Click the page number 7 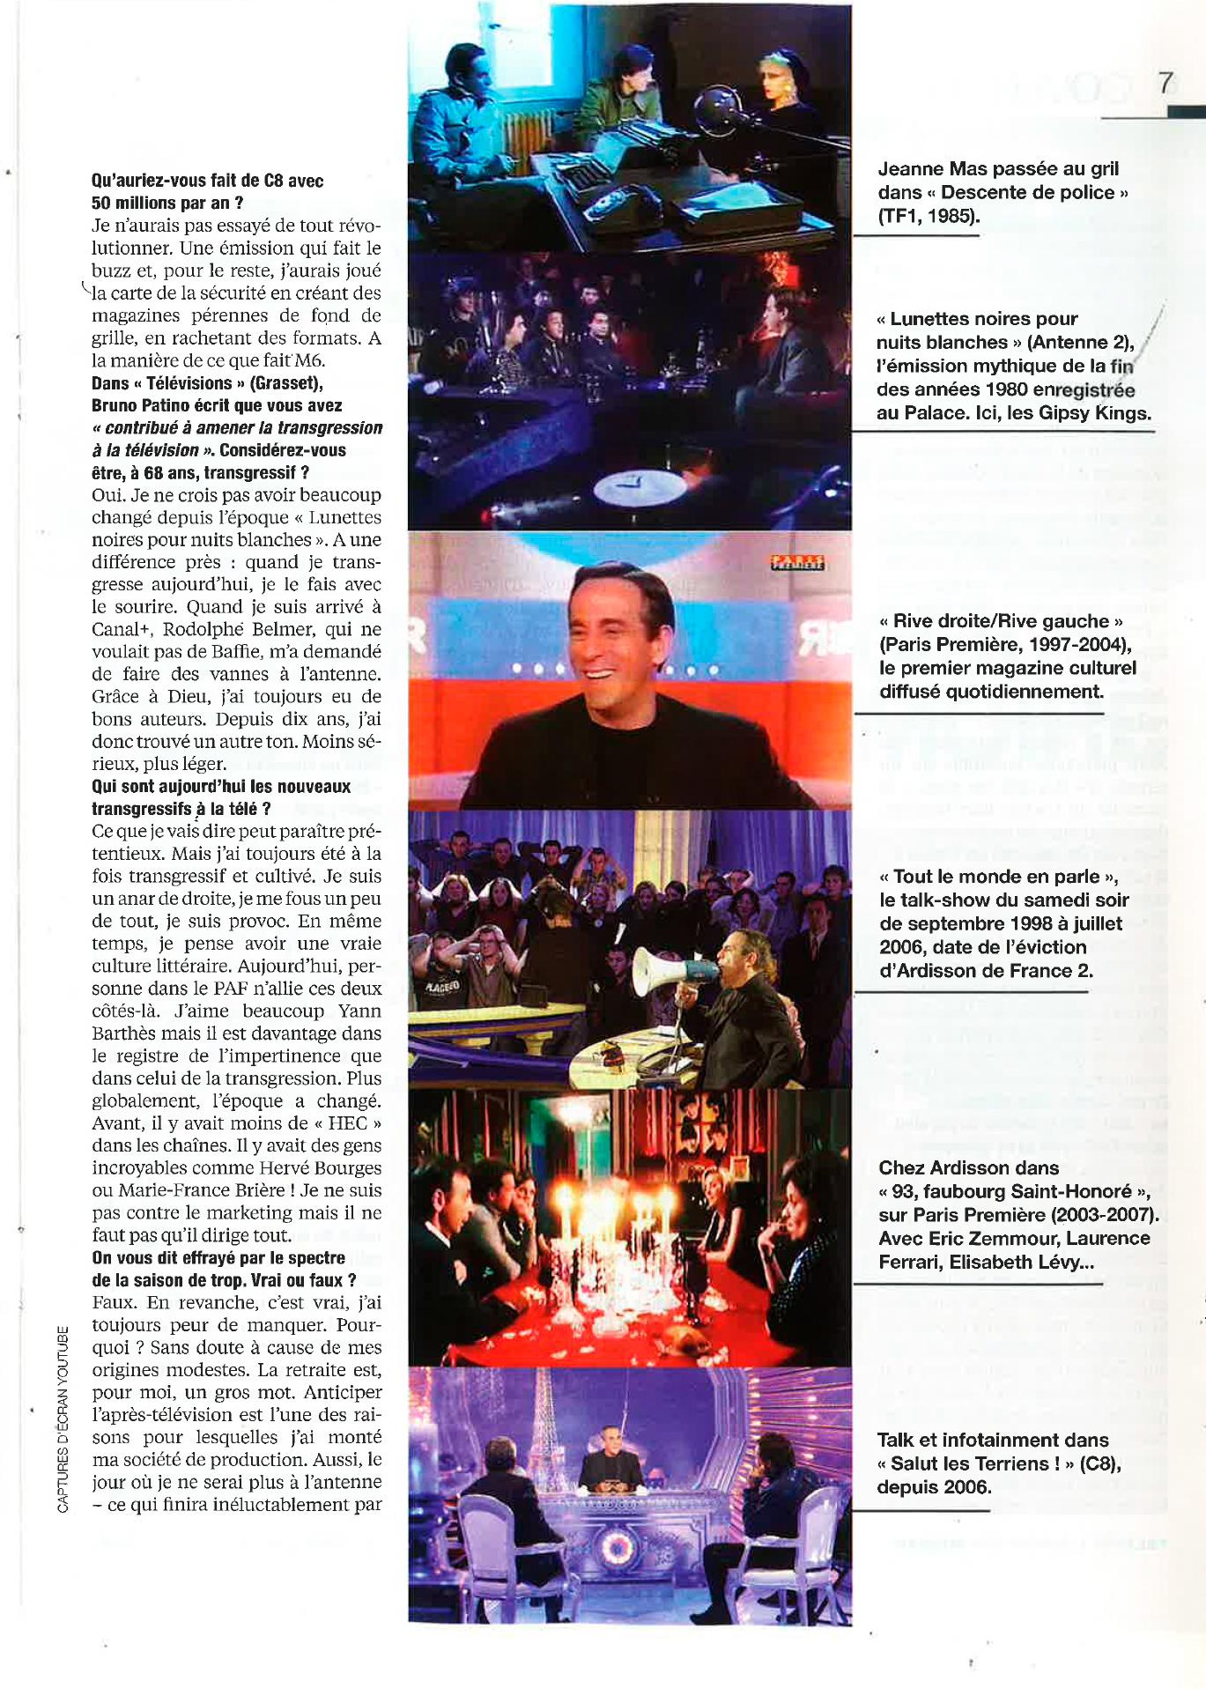tap(1165, 84)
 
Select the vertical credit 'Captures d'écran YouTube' tap(63, 1419)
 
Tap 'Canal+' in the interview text tap(122, 629)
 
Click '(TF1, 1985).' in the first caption tap(929, 216)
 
